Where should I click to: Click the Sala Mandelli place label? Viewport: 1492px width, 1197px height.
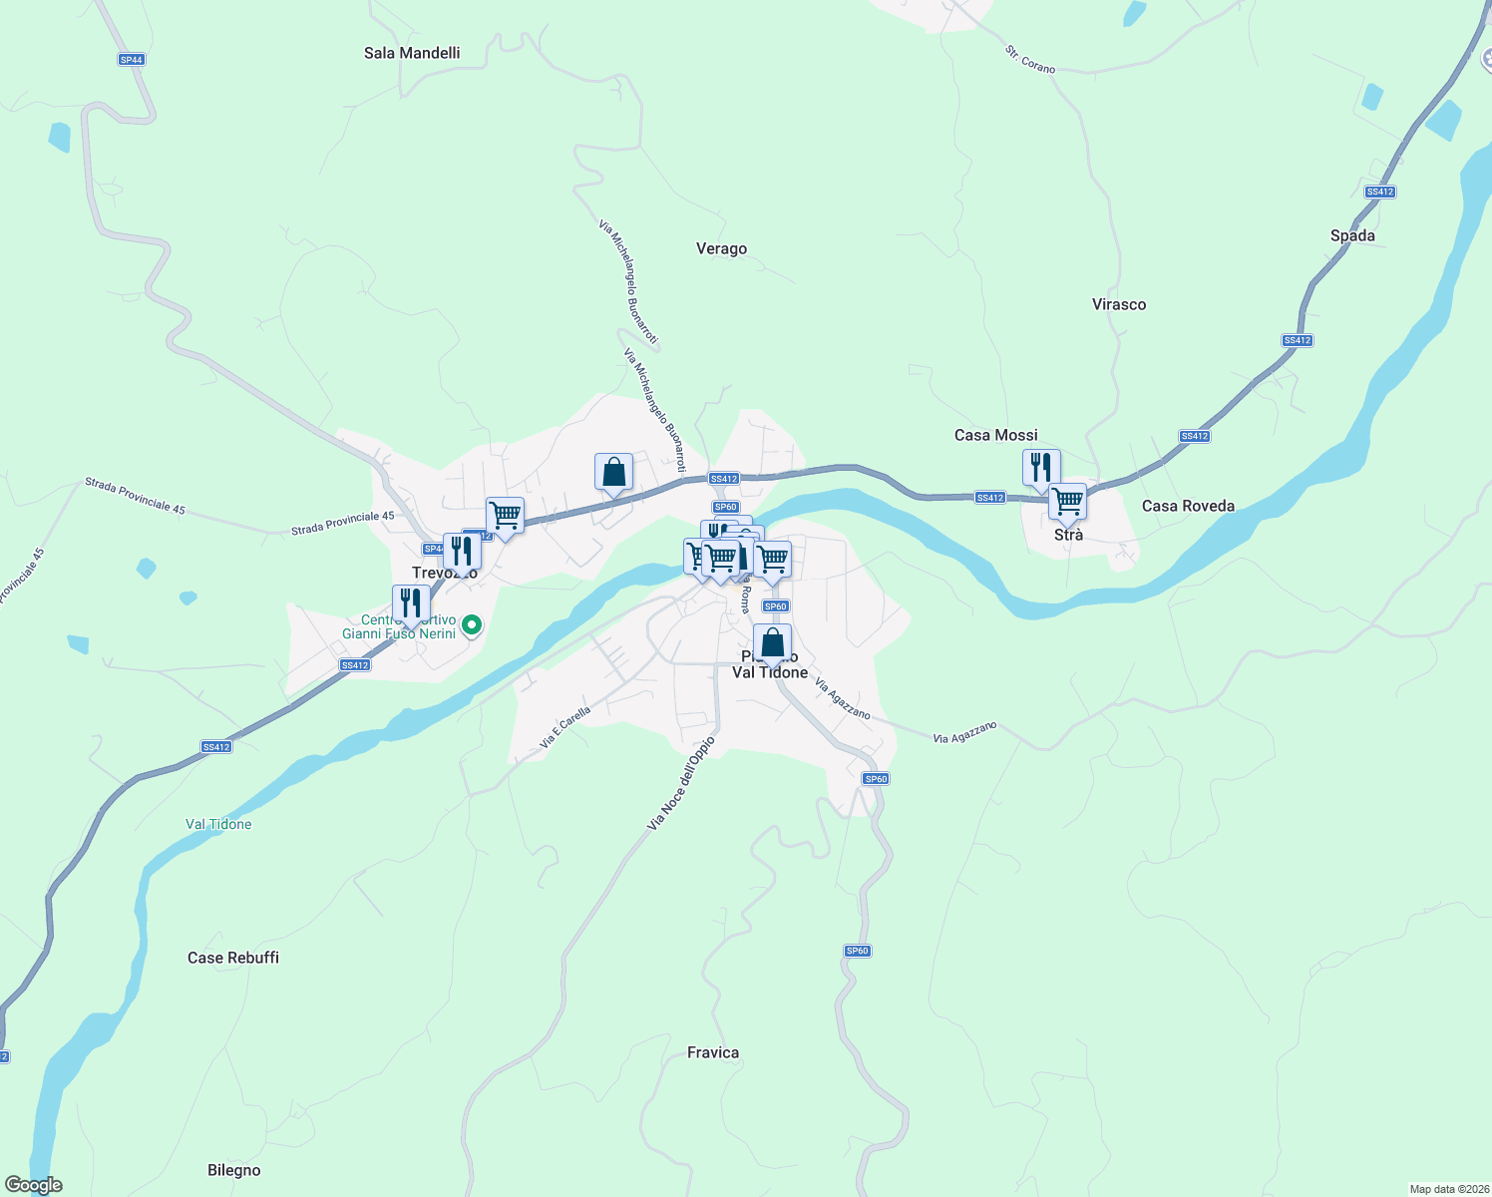(412, 53)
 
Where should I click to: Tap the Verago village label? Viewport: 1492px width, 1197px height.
(721, 248)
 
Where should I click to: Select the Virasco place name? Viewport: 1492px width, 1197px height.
(1119, 304)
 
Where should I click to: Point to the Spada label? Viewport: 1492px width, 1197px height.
(1352, 235)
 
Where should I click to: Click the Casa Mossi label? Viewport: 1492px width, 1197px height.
(995, 435)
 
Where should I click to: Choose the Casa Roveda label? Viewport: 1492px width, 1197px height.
(1188, 506)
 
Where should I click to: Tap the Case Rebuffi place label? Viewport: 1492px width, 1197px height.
(233, 958)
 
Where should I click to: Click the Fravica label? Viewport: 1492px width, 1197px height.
(713, 1052)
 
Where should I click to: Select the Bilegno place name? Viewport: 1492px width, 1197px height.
(234, 1170)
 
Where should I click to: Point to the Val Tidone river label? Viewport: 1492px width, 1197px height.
(218, 824)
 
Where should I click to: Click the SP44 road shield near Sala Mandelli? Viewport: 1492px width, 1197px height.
(131, 60)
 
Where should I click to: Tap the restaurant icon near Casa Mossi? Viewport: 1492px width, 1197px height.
(1040, 468)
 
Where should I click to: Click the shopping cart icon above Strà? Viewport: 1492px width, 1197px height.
(1067, 502)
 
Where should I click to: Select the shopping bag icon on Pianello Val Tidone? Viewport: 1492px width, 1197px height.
(772, 643)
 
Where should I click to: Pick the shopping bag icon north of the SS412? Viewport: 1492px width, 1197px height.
(613, 472)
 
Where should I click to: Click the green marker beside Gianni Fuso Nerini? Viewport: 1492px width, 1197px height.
(473, 625)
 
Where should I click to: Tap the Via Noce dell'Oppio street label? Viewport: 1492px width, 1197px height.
(681, 784)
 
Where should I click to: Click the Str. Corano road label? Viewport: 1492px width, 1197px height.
(1030, 60)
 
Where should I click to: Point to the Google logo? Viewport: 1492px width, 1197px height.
(34, 1185)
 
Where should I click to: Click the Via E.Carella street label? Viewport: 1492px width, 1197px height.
(565, 727)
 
